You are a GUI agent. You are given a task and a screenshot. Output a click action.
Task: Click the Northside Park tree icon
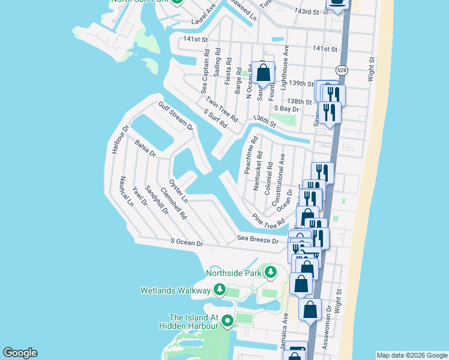[271, 273]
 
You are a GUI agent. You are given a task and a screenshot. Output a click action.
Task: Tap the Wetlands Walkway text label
[175, 290]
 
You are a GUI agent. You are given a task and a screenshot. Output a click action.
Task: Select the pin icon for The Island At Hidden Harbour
[228, 321]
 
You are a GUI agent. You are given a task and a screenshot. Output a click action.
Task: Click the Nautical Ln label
[126, 191]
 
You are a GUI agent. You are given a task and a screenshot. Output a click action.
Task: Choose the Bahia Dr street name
[145, 149]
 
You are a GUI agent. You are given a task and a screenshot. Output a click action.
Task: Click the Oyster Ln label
[178, 190]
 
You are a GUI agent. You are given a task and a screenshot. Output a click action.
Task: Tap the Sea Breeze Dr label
[258, 240]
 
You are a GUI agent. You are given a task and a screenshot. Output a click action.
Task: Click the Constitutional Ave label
[279, 180]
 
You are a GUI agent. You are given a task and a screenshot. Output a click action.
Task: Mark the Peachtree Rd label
[251, 155]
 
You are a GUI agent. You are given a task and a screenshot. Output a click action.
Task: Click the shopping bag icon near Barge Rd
[263, 73]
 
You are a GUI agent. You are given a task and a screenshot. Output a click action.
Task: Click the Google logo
[20, 353]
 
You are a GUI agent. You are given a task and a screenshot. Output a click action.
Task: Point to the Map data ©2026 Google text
[411, 355]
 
